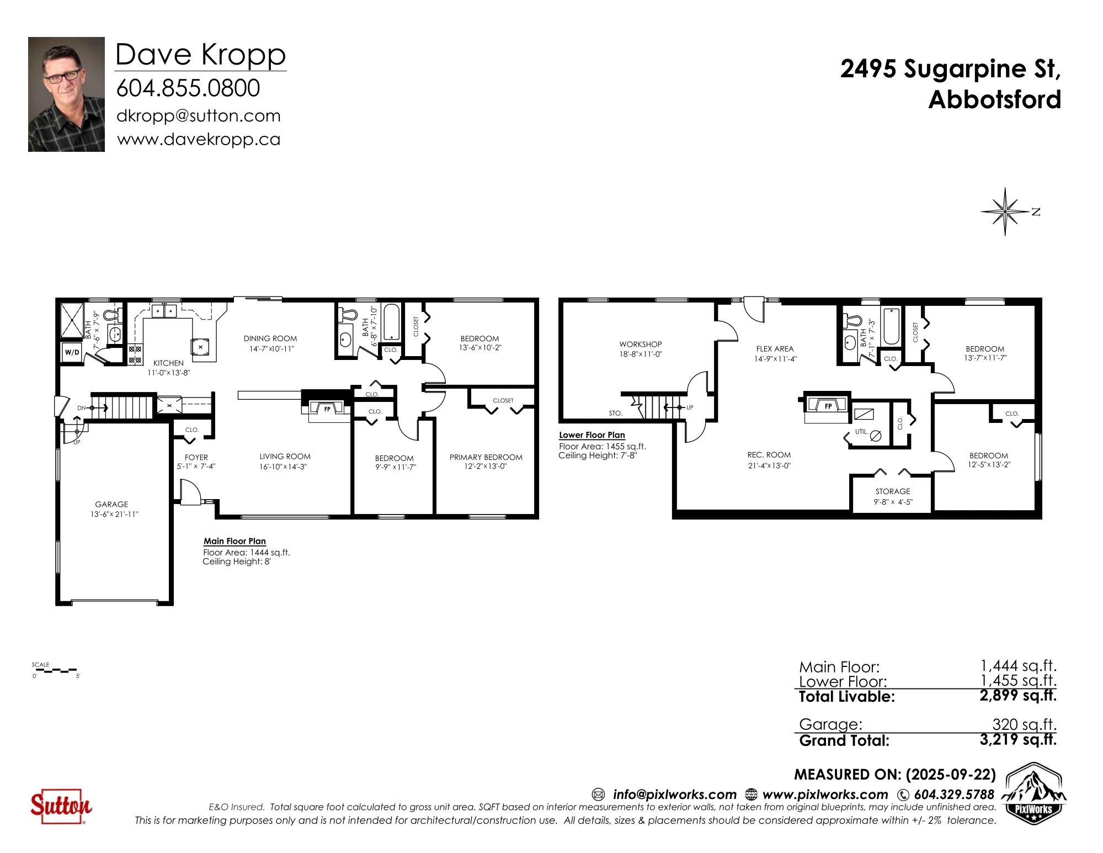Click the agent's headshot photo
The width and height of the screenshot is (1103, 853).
pyautogui.click(x=66, y=94)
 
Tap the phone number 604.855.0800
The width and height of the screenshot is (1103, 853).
pyautogui.click(x=188, y=88)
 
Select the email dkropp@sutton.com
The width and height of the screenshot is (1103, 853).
pyautogui.click(x=199, y=116)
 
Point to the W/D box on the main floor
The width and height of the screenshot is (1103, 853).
pyautogui.click(x=72, y=352)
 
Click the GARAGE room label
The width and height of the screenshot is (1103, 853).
pyautogui.click(x=111, y=504)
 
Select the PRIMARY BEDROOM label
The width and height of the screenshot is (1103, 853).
pyautogui.click(x=486, y=457)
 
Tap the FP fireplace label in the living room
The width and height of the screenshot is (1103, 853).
pyautogui.click(x=327, y=409)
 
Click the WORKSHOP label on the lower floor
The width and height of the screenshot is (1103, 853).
pyautogui.click(x=641, y=345)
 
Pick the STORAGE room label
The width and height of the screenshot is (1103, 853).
pyautogui.click(x=893, y=491)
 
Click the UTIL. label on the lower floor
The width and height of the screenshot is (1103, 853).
pyautogui.click(x=861, y=432)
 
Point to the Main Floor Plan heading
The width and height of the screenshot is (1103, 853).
pyautogui.click(x=235, y=542)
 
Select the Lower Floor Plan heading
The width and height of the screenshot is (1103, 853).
pyautogui.click(x=592, y=435)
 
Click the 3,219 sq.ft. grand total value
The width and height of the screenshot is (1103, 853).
pyautogui.click(x=1018, y=739)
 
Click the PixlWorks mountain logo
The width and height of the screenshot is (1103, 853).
pyautogui.click(x=1033, y=791)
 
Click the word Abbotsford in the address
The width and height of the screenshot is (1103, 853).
pyautogui.click(x=995, y=100)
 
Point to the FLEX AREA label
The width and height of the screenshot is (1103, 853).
pyautogui.click(x=775, y=349)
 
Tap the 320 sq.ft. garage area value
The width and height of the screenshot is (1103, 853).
pyautogui.click(x=1025, y=724)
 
